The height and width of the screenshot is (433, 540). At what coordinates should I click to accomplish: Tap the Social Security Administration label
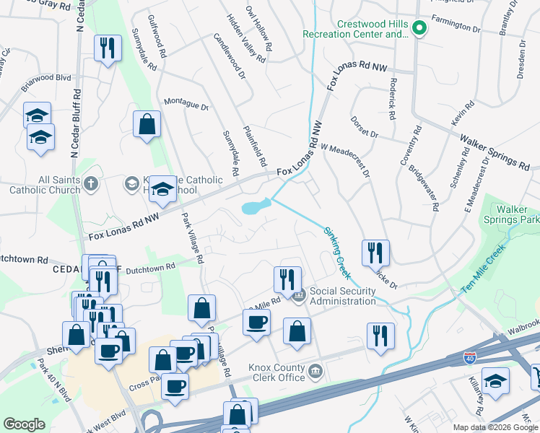342,296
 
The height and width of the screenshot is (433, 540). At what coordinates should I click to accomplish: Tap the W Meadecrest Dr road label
345,159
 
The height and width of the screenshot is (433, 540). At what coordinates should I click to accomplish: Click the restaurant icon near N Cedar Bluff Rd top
108,48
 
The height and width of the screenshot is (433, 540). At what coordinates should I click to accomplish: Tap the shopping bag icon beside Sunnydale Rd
147,123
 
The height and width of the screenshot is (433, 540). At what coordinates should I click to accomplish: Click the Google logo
25,424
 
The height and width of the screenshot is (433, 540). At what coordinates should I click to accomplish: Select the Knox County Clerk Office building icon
315,372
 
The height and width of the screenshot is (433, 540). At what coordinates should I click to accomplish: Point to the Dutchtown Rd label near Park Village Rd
151,267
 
